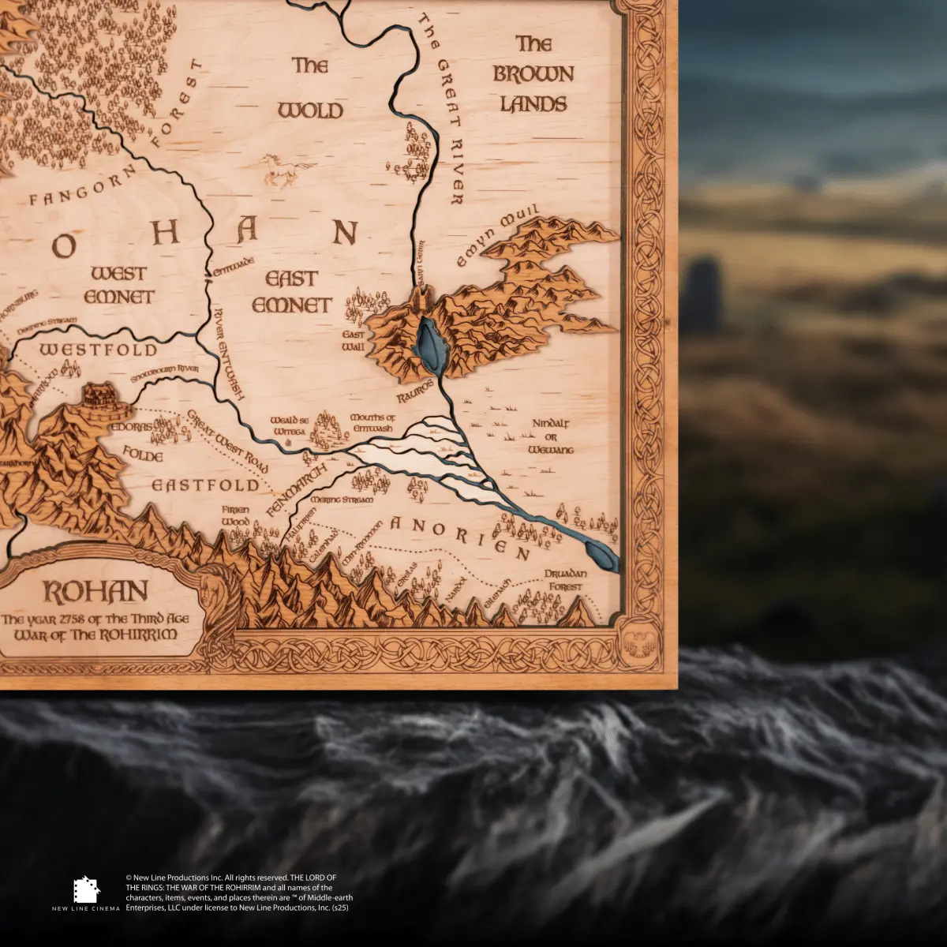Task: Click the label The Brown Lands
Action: click(x=533, y=73)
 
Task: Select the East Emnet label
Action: click(x=292, y=291)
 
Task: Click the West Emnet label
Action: click(x=119, y=285)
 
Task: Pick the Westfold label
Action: click(x=99, y=350)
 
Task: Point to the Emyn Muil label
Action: click(x=498, y=235)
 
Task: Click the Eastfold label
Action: click(x=206, y=485)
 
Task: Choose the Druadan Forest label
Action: click(x=565, y=581)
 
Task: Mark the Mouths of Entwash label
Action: click(x=372, y=423)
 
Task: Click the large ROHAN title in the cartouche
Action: click(x=95, y=592)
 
